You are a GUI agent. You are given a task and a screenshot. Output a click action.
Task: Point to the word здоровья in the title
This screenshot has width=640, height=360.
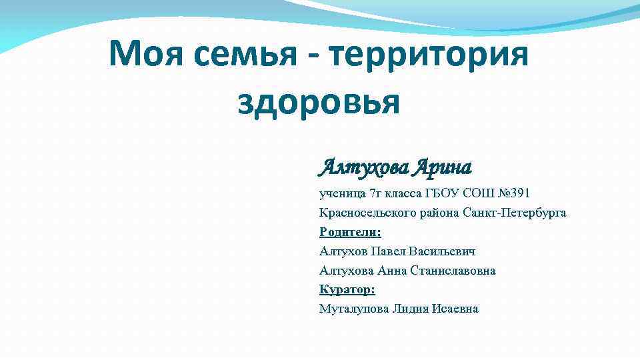click(319, 102)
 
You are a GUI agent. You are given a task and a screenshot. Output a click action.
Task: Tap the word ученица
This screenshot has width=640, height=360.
click(342, 193)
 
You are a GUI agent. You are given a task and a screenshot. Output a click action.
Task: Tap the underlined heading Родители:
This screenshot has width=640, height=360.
click(351, 232)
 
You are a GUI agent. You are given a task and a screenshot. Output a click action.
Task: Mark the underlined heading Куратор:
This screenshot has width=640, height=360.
click(347, 289)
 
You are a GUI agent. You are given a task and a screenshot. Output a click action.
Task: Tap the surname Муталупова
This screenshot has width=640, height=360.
click(351, 309)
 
